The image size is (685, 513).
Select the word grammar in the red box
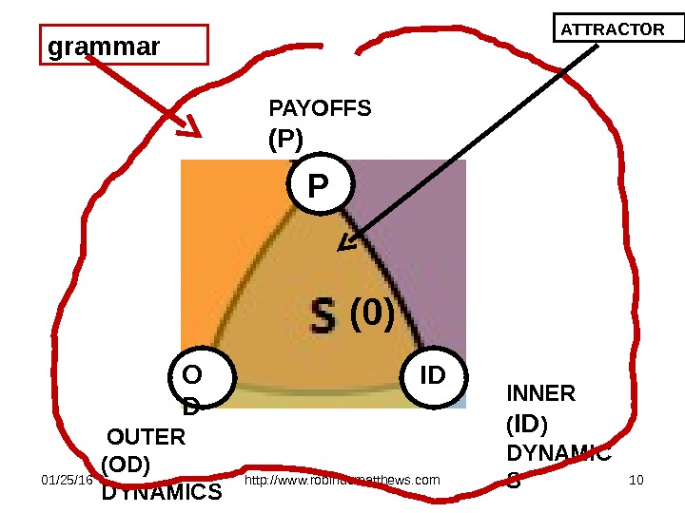(x=105, y=46)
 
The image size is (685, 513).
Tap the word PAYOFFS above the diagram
(x=321, y=109)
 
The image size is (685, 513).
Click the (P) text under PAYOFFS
(x=285, y=141)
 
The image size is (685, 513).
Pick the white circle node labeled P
(x=320, y=183)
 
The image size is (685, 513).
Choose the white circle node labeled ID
(x=433, y=378)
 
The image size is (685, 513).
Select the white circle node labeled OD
(x=201, y=384)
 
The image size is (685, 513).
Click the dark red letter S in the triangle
(x=324, y=316)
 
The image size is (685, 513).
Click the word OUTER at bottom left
(x=147, y=438)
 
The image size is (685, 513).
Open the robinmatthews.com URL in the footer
(x=342, y=480)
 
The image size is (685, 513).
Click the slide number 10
(x=637, y=480)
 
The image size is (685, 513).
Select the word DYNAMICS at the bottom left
(x=162, y=493)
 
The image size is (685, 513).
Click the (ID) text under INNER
(x=527, y=423)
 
